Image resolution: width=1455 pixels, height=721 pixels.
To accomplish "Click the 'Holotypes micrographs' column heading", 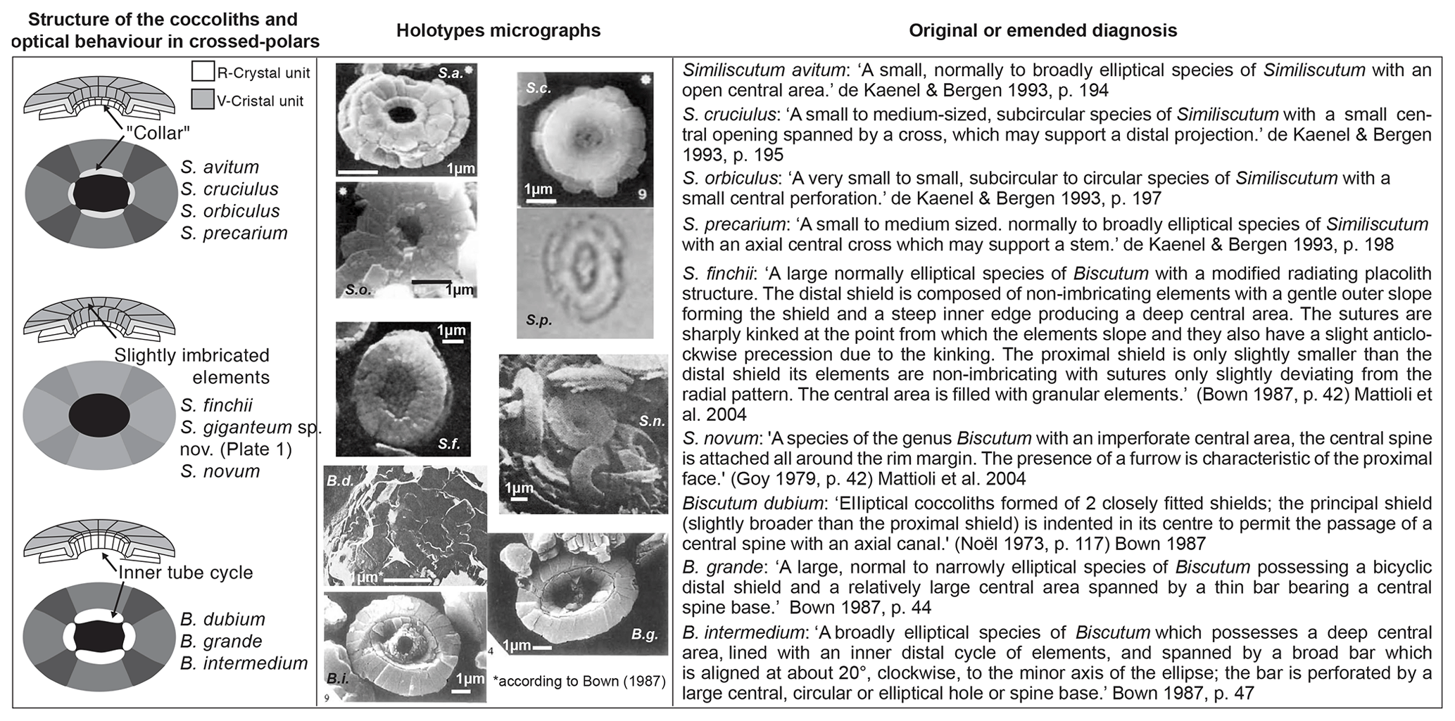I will point(498,31).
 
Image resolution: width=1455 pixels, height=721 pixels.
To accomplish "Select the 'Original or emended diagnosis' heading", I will point(1043,31).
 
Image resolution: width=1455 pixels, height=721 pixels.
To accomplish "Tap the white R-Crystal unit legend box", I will point(203,72).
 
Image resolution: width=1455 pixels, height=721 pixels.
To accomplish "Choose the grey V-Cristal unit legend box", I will point(203,100).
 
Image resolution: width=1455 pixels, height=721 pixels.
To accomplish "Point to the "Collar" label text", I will point(158,132).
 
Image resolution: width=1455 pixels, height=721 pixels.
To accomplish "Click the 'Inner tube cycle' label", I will point(185,572).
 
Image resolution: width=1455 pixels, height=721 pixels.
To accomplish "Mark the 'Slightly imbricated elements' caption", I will point(192,366).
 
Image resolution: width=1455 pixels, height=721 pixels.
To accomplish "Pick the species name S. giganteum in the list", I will point(236,427).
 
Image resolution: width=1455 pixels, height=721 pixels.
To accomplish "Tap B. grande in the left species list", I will point(221,641).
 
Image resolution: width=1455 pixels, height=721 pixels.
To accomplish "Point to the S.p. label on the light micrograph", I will point(538,320).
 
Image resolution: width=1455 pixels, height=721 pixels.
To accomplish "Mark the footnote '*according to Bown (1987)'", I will point(579,680).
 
